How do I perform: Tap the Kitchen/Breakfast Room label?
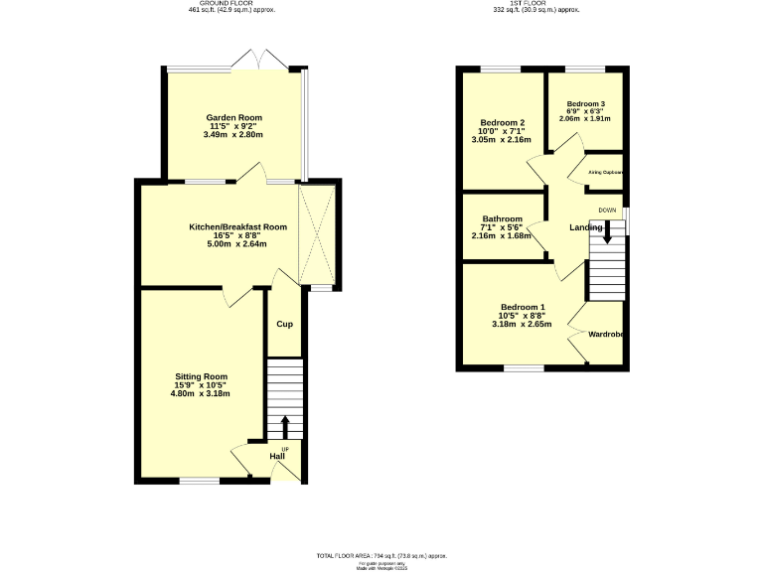click(x=237, y=227)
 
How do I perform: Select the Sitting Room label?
click(x=201, y=376)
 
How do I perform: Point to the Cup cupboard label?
click(x=284, y=325)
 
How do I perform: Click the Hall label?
click(x=277, y=457)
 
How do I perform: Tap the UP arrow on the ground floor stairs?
click(x=285, y=427)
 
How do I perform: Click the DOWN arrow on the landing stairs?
click(x=607, y=232)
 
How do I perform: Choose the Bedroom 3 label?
click(x=585, y=104)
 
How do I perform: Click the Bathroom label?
click(x=503, y=218)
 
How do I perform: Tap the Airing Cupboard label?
click(x=605, y=172)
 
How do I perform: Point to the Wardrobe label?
click(x=605, y=335)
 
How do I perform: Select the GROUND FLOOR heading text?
click(x=231, y=3)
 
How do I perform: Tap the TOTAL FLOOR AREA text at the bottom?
click(x=381, y=556)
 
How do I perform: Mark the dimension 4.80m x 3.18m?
click(x=201, y=394)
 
